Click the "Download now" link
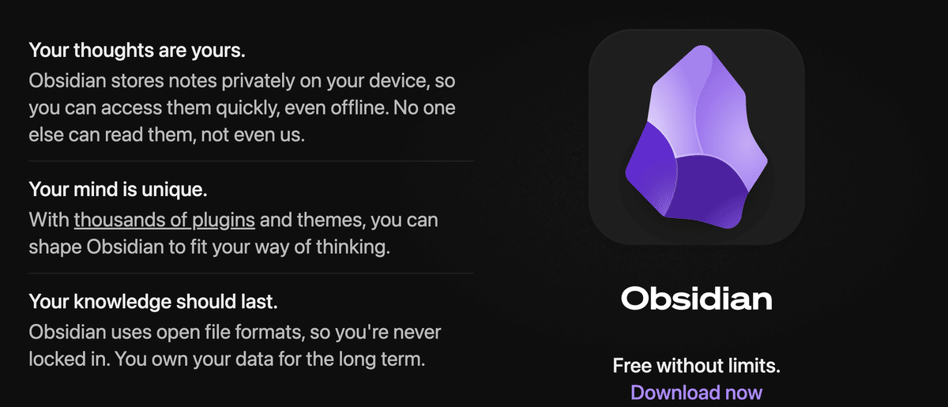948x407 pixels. click(x=696, y=392)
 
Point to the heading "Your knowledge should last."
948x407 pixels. click(x=153, y=301)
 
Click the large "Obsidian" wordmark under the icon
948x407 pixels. click(x=696, y=300)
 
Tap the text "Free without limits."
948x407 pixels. click(x=696, y=366)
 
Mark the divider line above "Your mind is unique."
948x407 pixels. click(x=251, y=161)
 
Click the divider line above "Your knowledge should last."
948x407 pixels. click(x=251, y=273)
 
